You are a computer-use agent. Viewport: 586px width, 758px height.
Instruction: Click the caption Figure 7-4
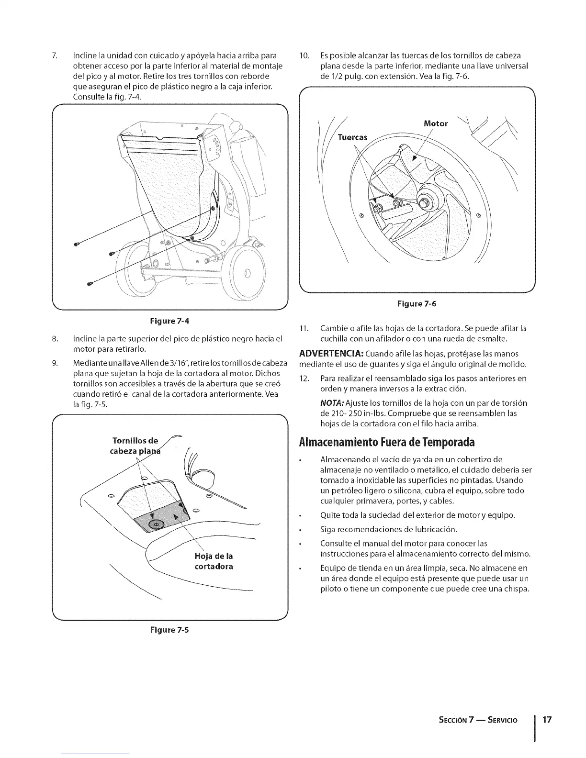(170, 320)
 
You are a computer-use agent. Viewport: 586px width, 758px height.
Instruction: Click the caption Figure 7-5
(170, 630)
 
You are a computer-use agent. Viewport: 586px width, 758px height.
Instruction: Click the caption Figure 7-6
(417, 303)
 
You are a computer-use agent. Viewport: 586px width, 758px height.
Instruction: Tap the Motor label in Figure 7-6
(436, 124)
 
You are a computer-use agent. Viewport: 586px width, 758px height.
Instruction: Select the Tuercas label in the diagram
(352, 138)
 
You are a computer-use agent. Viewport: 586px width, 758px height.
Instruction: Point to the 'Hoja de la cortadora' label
(214, 561)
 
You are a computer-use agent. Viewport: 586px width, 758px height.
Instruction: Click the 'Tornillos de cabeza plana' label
(135, 446)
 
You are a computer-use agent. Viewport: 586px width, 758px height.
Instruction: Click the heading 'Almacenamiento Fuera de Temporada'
(387, 441)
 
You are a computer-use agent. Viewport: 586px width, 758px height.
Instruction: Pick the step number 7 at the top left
(55, 56)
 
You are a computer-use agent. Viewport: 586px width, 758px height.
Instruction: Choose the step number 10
(304, 56)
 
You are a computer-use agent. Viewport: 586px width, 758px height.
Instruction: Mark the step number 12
(304, 379)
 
